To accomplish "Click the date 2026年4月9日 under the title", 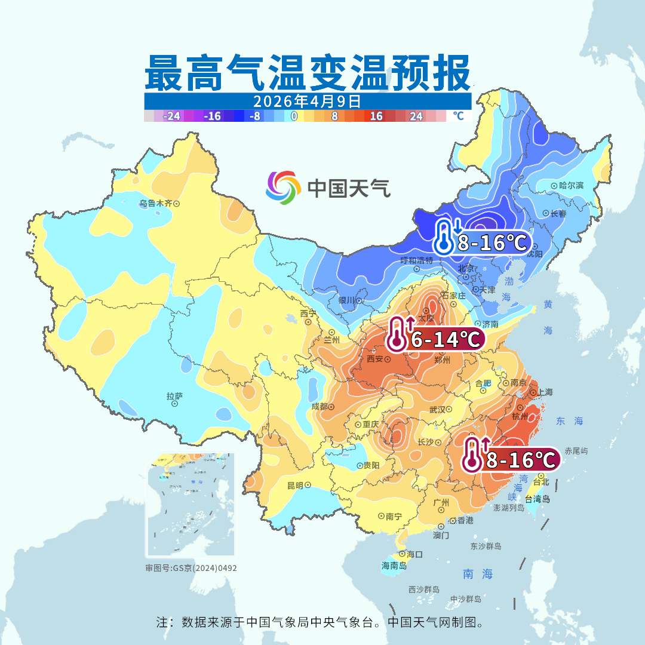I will tap(307, 100).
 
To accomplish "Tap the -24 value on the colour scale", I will tap(173, 116).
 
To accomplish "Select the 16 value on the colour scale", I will tap(376, 116).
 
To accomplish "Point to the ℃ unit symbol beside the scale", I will tap(458, 115).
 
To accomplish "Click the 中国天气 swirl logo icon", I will tap(283, 187).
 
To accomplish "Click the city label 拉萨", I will tap(174, 396).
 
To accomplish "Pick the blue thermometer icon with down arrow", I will tap(444, 236).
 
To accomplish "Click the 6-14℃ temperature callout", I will tap(446, 340).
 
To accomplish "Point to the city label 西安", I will tap(374, 359).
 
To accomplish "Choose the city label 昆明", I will tap(295, 485).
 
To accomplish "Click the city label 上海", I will tap(545, 392).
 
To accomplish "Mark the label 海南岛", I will tap(394, 566).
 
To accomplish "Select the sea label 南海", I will tap(478, 574).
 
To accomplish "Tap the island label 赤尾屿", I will tap(576, 451).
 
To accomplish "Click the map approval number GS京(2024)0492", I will tap(191, 568).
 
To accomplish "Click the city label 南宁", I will tap(394, 515).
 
